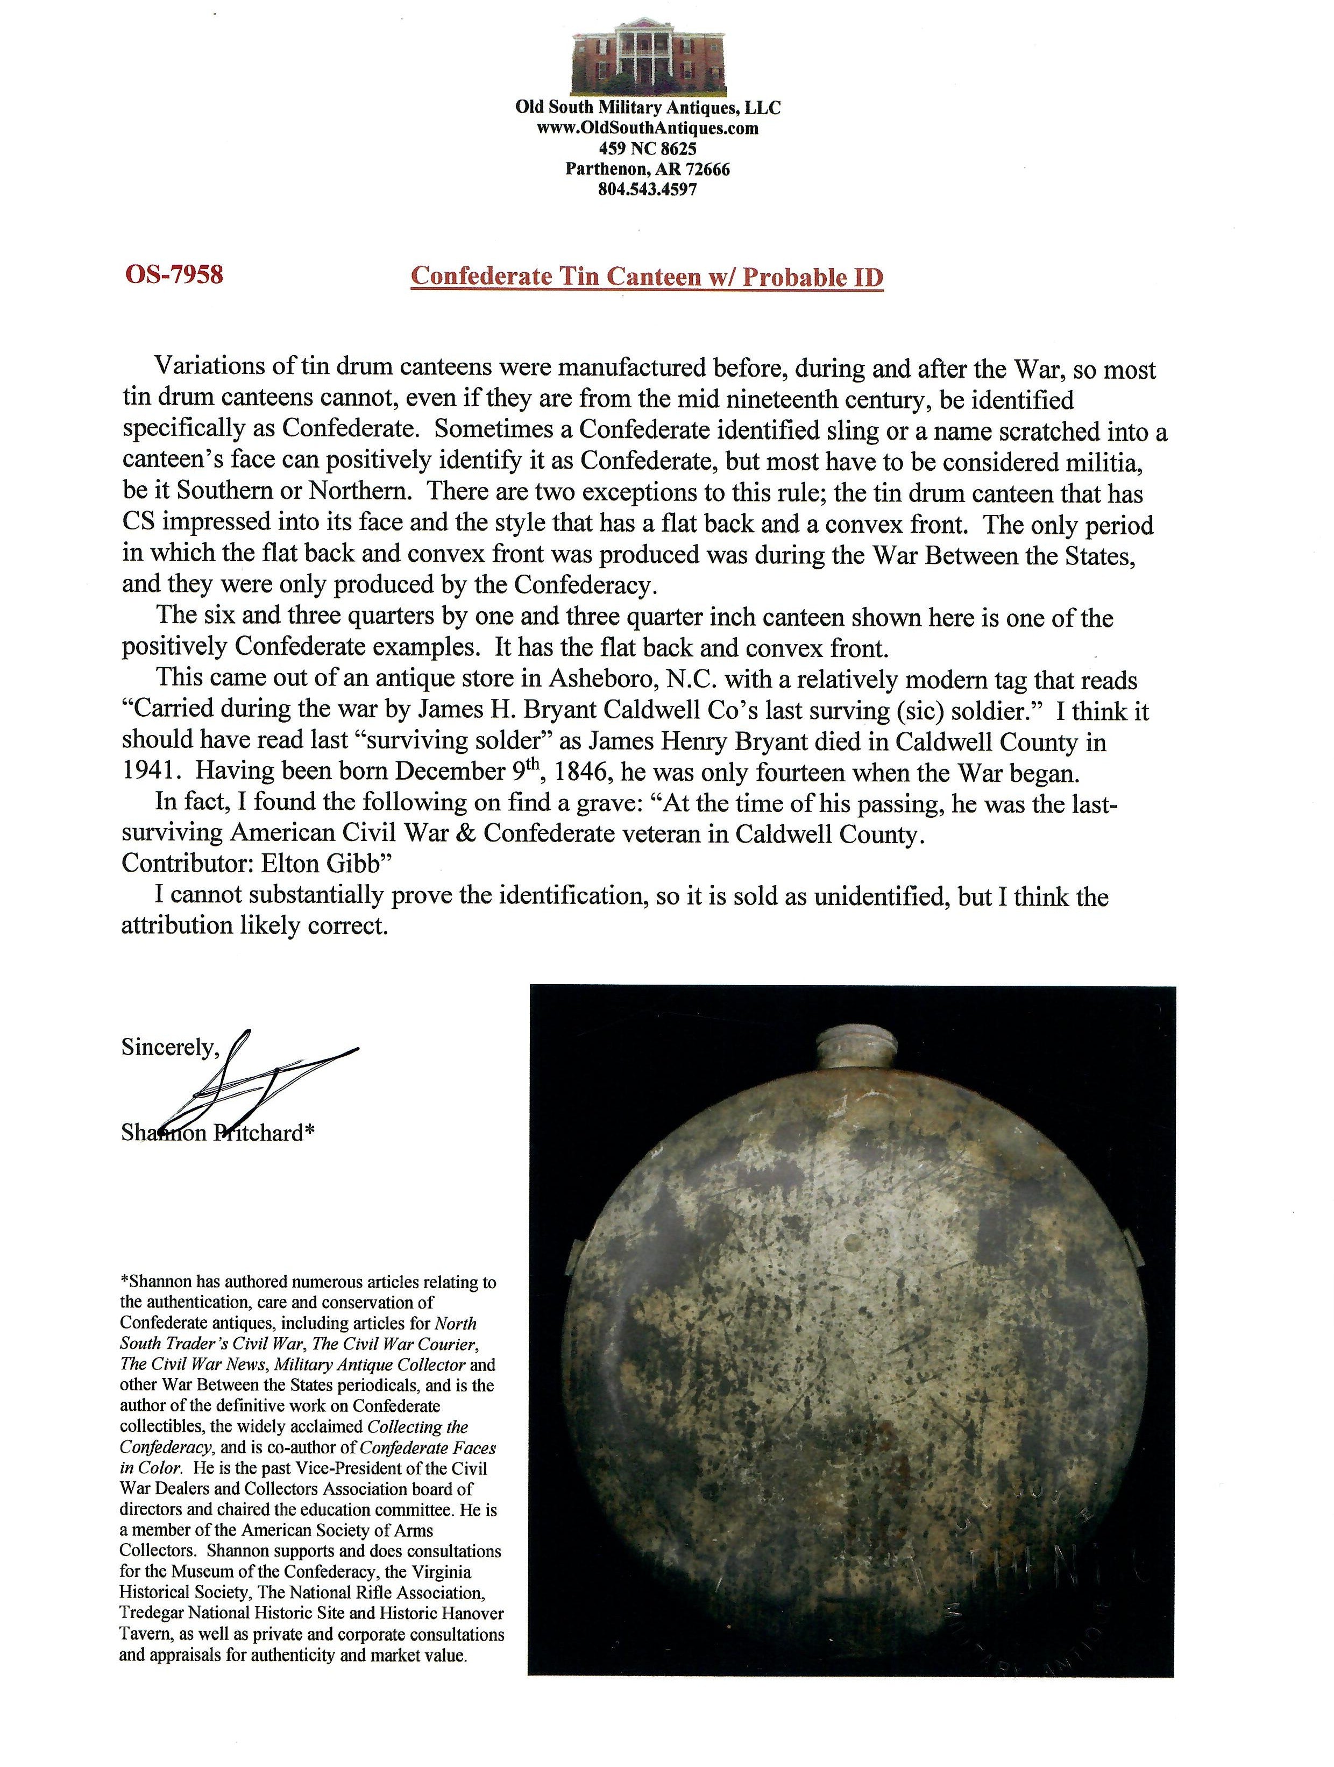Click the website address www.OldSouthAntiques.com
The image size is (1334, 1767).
pos(648,128)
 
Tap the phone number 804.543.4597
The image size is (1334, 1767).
pos(648,190)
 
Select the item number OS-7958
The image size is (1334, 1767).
pos(173,275)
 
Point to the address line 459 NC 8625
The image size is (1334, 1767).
pos(648,149)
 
